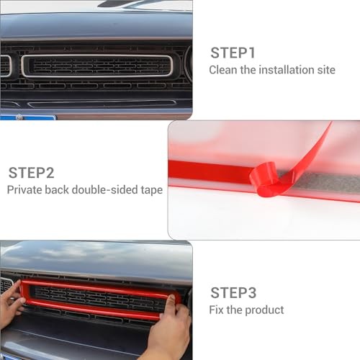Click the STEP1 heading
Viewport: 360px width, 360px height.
233,53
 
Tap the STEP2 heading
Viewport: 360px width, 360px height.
31,173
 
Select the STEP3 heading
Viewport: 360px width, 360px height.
233,293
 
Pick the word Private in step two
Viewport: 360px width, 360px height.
24,190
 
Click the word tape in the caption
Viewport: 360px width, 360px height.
152,191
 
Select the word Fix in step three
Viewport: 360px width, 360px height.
216,310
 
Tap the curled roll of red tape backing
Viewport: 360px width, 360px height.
264,179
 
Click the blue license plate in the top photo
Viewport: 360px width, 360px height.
27,117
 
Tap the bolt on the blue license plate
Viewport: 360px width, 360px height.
19,117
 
